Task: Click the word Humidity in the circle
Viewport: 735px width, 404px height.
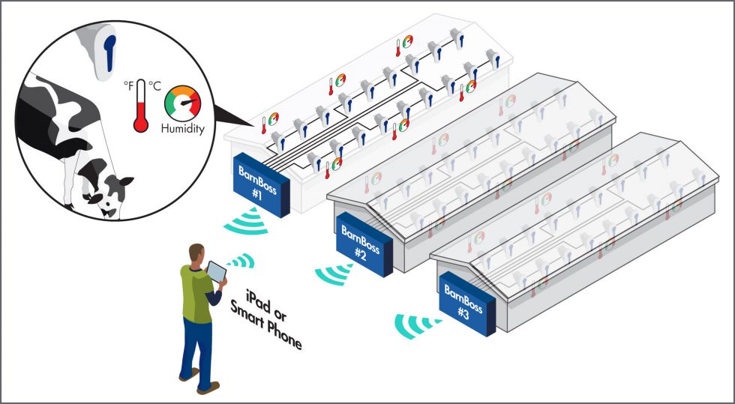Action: point(182,128)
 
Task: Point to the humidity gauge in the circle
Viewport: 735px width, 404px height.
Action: point(182,102)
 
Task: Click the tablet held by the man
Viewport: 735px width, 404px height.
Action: point(217,271)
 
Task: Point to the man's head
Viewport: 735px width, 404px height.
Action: point(196,253)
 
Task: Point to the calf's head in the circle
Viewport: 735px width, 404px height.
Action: point(106,193)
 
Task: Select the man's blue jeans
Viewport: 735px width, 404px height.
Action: point(197,349)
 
